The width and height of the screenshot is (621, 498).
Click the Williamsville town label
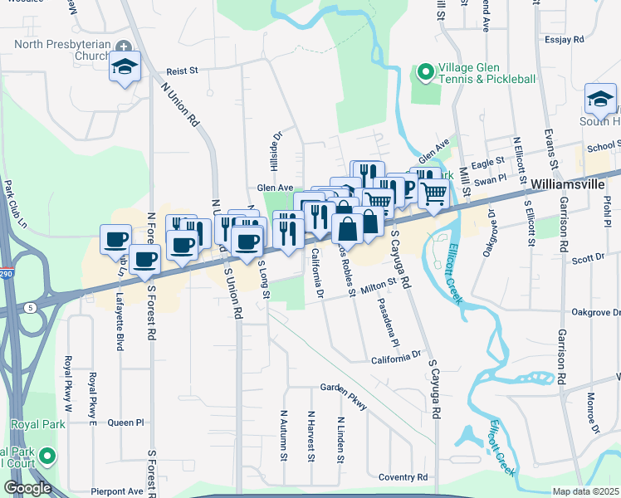(570, 183)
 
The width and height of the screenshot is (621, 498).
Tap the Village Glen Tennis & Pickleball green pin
(426, 73)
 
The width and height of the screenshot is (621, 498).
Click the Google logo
(28, 488)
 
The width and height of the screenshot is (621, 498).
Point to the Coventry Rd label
(403, 477)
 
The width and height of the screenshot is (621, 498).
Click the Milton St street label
(379, 286)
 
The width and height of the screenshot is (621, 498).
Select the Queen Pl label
(125, 422)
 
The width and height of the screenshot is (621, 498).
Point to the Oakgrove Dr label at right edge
(596, 312)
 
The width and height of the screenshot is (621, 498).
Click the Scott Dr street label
(588, 260)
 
